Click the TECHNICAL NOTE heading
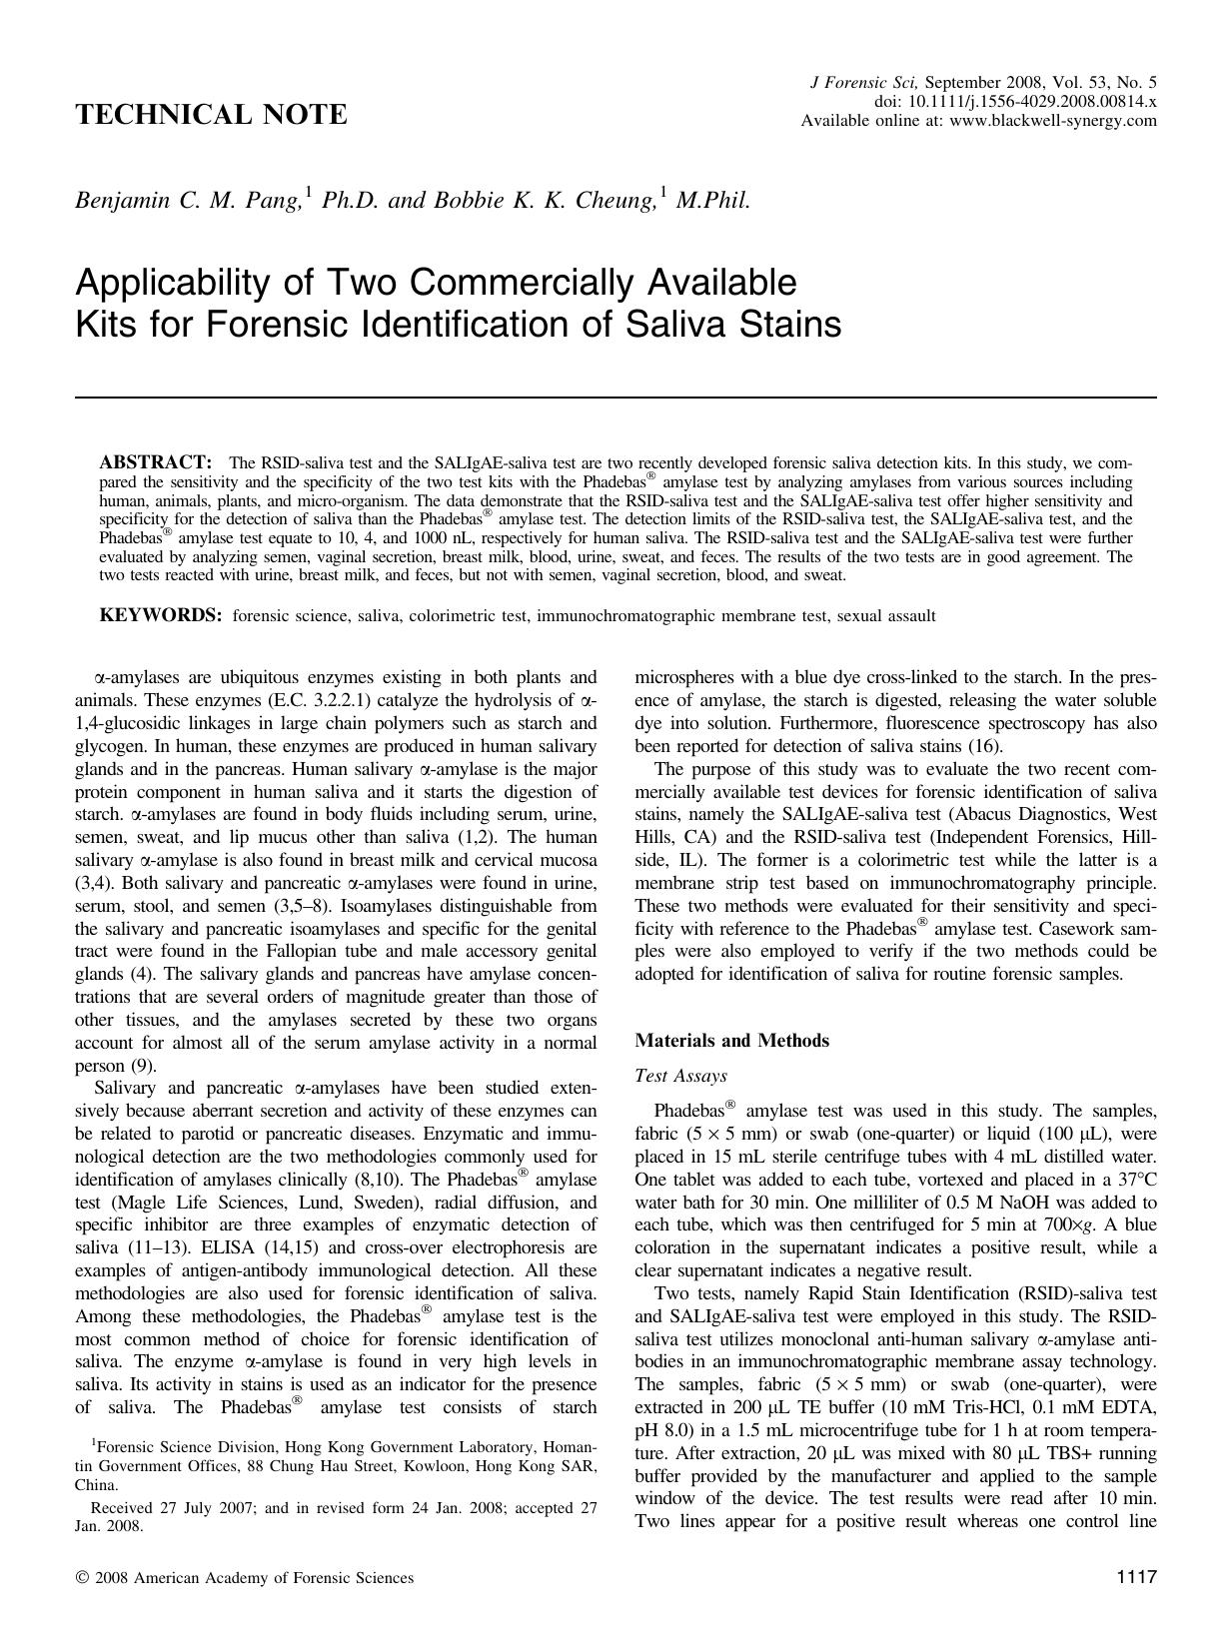212,115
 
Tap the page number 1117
1136,1577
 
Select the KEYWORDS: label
160,615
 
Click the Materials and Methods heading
731,1041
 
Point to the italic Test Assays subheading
680,1076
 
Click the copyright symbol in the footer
81,1578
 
